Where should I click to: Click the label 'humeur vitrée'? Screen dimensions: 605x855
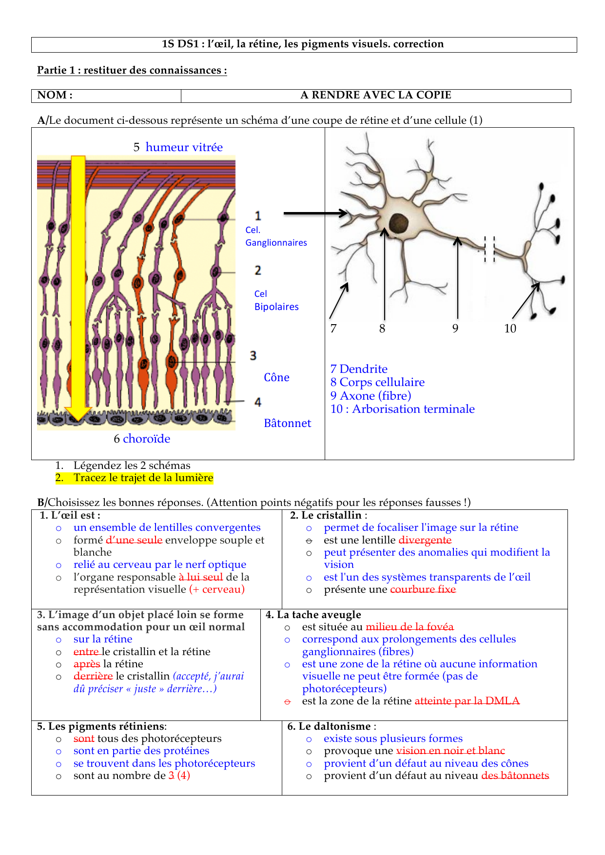point(184,147)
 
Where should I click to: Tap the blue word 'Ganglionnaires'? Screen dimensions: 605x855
point(276,243)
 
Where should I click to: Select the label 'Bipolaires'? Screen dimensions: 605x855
point(276,307)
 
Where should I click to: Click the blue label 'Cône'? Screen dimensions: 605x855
point(276,377)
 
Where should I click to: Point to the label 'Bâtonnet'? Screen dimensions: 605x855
point(287,423)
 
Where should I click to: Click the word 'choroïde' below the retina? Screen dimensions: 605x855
point(146,439)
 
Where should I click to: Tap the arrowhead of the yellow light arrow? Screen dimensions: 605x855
point(78,413)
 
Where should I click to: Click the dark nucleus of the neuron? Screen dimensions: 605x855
point(399,224)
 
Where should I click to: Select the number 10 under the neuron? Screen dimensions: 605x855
point(510,329)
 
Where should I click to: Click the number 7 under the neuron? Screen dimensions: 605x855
point(333,329)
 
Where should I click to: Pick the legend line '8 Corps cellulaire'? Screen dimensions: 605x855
point(377,382)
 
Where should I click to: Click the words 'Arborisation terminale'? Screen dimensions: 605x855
point(413,409)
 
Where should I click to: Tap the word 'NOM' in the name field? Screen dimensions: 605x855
point(52,95)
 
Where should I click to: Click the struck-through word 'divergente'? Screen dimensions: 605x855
point(425,540)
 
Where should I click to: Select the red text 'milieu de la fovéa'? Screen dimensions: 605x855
point(410,627)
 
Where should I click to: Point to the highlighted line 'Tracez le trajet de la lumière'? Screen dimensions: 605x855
point(143,478)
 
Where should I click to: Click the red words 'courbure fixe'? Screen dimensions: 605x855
point(423,589)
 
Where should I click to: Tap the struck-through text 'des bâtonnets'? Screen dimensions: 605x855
point(515,776)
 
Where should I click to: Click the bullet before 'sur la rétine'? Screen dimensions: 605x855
point(59,640)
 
